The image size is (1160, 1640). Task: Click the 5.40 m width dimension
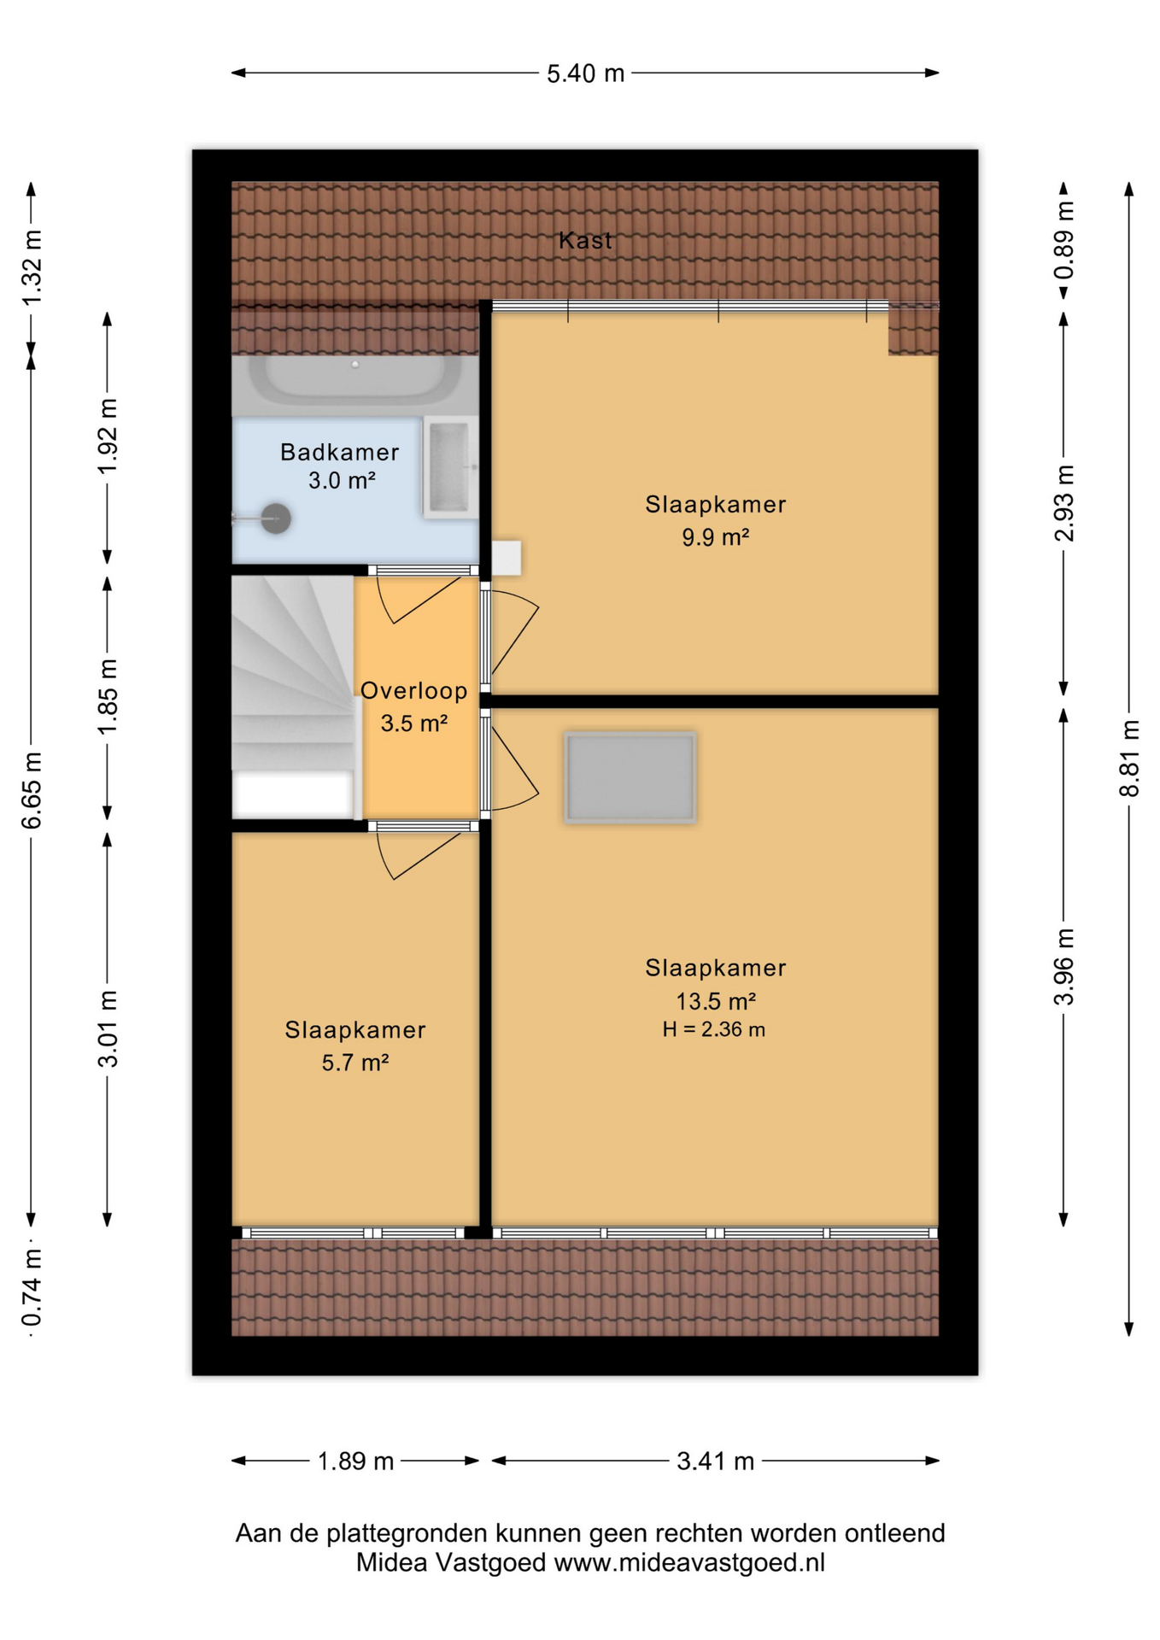[x=586, y=73]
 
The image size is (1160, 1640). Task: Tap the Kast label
[x=585, y=241]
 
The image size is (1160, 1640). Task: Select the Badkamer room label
[x=340, y=452]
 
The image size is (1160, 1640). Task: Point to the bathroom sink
[x=450, y=467]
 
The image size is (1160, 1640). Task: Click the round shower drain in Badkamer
[x=275, y=518]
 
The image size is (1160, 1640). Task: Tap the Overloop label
[x=414, y=690]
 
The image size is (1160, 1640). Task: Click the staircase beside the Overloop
[x=293, y=697]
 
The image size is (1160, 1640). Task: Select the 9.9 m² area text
[x=716, y=537]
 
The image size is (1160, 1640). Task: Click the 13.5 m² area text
[x=716, y=1000]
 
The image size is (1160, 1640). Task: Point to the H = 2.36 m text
[x=714, y=1029]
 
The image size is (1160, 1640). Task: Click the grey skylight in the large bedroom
[x=630, y=777]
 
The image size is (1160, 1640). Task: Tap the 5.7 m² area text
[x=355, y=1063]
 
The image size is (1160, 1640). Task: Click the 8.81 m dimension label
[x=1129, y=758]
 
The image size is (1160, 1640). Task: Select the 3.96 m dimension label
[x=1063, y=967]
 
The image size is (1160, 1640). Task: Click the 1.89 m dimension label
[x=355, y=1461]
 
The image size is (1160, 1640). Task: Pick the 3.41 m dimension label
[x=716, y=1461]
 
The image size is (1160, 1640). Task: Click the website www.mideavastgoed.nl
[x=689, y=1563]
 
